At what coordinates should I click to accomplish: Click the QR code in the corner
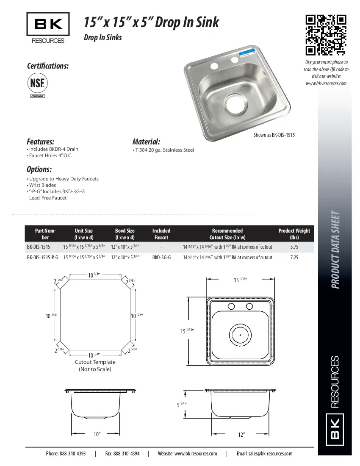coord(326,35)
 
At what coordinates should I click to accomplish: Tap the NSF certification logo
coord(37,83)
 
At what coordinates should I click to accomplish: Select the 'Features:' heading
coord(41,141)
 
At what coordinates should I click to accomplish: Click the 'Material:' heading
coord(146,141)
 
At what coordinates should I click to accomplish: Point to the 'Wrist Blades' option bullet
coord(43,185)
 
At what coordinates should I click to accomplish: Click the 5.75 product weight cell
coord(294,246)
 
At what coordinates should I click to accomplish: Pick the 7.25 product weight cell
coord(294,257)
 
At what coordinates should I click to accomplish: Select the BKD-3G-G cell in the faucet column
coord(161,257)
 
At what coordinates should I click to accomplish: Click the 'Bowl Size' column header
coord(125,234)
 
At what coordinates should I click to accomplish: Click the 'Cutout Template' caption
coord(95,362)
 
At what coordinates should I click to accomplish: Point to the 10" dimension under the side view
coord(97,434)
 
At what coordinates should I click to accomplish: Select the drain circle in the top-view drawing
coord(240,335)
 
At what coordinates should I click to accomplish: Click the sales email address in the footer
coord(264,453)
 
